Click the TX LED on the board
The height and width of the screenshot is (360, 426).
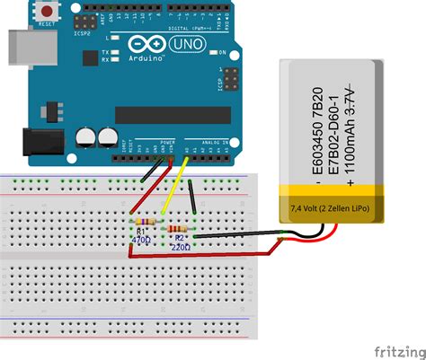[113, 51]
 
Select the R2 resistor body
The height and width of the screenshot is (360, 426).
[180, 229]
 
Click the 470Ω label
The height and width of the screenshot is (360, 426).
[142, 241]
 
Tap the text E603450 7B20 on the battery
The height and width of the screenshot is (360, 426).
[315, 122]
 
